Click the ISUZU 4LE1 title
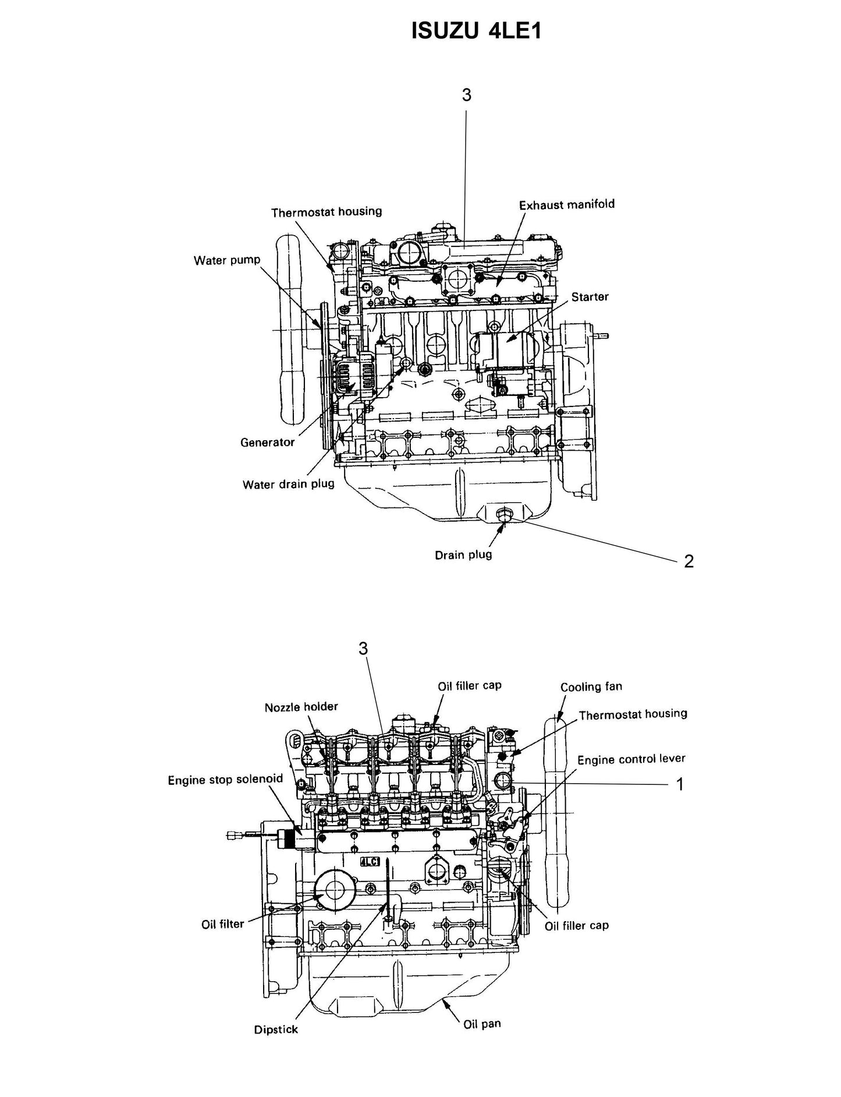tap(476, 31)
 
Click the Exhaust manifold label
tap(566, 205)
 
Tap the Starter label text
tap(590, 297)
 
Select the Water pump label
tap(227, 260)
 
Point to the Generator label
tap(267, 443)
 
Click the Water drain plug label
tap(288, 484)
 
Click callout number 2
tap(689, 561)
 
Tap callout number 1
tap(679, 785)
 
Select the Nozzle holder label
tap(301, 707)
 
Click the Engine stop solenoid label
tap(225, 779)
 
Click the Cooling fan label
tap(591, 687)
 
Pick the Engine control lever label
tap(631, 759)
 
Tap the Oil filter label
tap(223, 924)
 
